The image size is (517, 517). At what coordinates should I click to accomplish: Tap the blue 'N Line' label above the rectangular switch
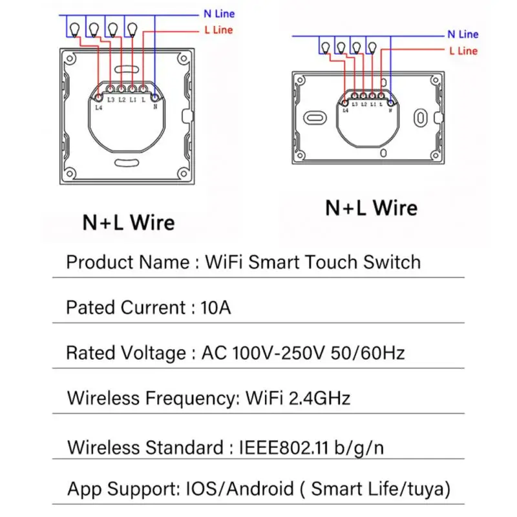(x=463, y=34)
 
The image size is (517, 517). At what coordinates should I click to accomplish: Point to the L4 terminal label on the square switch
(x=98, y=107)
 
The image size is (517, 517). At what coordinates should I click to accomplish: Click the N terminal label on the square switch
(x=155, y=107)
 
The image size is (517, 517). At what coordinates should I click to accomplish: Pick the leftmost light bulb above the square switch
(x=74, y=28)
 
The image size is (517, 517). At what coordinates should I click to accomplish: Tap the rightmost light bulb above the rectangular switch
(x=372, y=47)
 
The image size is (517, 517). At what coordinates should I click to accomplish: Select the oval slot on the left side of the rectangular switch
(x=317, y=118)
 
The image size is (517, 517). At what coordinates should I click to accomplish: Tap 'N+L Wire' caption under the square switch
(x=129, y=223)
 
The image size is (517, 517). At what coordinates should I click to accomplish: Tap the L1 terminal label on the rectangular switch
(x=373, y=104)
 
